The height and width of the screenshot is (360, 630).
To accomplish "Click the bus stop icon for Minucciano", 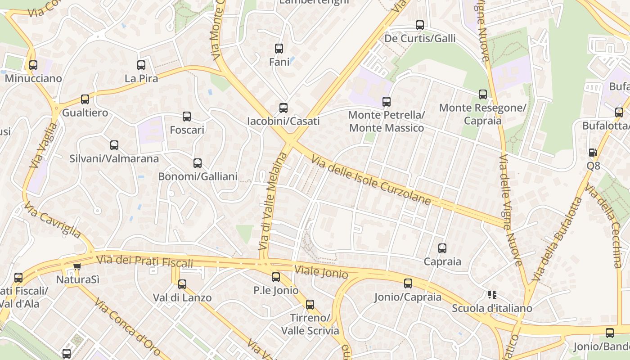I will pyautogui.click(x=33, y=65).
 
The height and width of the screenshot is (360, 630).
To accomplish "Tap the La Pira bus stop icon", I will pyautogui.click(x=141, y=65).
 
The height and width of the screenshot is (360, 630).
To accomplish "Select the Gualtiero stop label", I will pyautogui.click(x=85, y=112).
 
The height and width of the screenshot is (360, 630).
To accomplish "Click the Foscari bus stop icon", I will pyautogui.click(x=187, y=117).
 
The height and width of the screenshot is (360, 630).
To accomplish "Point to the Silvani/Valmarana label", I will pyautogui.click(x=114, y=158).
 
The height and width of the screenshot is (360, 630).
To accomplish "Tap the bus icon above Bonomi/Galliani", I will pyautogui.click(x=197, y=163).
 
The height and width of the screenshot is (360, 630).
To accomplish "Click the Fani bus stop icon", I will pyautogui.click(x=279, y=49).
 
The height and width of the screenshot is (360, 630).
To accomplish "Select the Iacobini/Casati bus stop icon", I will pyautogui.click(x=283, y=108).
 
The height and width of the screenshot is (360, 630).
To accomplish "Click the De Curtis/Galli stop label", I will pyautogui.click(x=420, y=38).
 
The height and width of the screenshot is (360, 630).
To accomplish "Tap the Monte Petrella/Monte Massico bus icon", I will pyautogui.click(x=386, y=102).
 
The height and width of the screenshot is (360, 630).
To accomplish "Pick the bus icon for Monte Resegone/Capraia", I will pyautogui.click(x=483, y=94).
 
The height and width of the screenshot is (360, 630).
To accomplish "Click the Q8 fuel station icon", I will pyautogui.click(x=593, y=153).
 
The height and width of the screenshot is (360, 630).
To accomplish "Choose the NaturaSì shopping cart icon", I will pyautogui.click(x=77, y=266).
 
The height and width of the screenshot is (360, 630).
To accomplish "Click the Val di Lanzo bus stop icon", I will pyautogui.click(x=182, y=284).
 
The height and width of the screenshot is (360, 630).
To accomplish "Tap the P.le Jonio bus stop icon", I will pyautogui.click(x=276, y=277).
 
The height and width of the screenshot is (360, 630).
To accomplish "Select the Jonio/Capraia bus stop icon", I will pyautogui.click(x=408, y=283).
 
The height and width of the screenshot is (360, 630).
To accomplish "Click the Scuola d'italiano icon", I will pyautogui.click(x=492, y=295).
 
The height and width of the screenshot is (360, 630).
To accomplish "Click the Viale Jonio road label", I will pyautogui.click(x=321, y=272).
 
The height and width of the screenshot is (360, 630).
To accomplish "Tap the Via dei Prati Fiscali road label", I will pyautogui.click(x=144, y=261).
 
